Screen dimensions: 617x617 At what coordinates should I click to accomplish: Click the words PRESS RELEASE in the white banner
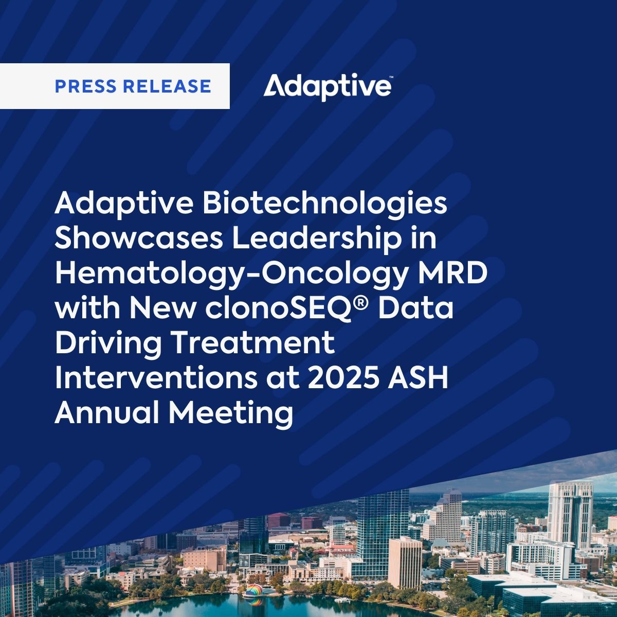pyautogui.click(x=133, y=86)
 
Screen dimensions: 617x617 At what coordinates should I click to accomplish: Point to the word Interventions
pyautogui.click(x=152, y=378)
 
